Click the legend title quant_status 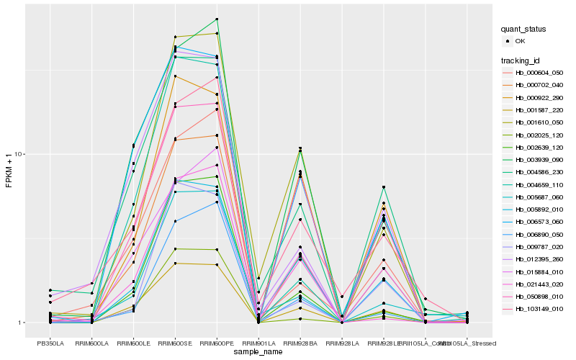523,29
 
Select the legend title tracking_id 521,60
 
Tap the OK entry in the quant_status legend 520,41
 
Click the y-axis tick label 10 19,155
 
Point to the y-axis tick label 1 21,323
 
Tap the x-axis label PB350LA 50,343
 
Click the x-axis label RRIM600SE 175,343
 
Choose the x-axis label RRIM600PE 217,343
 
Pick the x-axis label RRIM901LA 258,343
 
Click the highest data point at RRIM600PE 217,19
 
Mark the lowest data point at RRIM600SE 175,264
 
